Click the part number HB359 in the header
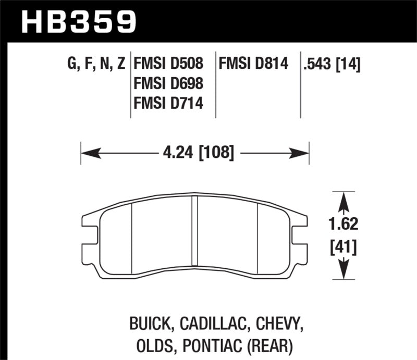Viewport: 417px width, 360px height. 78,21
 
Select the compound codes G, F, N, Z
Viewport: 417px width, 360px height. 96,65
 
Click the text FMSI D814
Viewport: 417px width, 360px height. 253,65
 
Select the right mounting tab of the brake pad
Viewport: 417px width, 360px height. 300,234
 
